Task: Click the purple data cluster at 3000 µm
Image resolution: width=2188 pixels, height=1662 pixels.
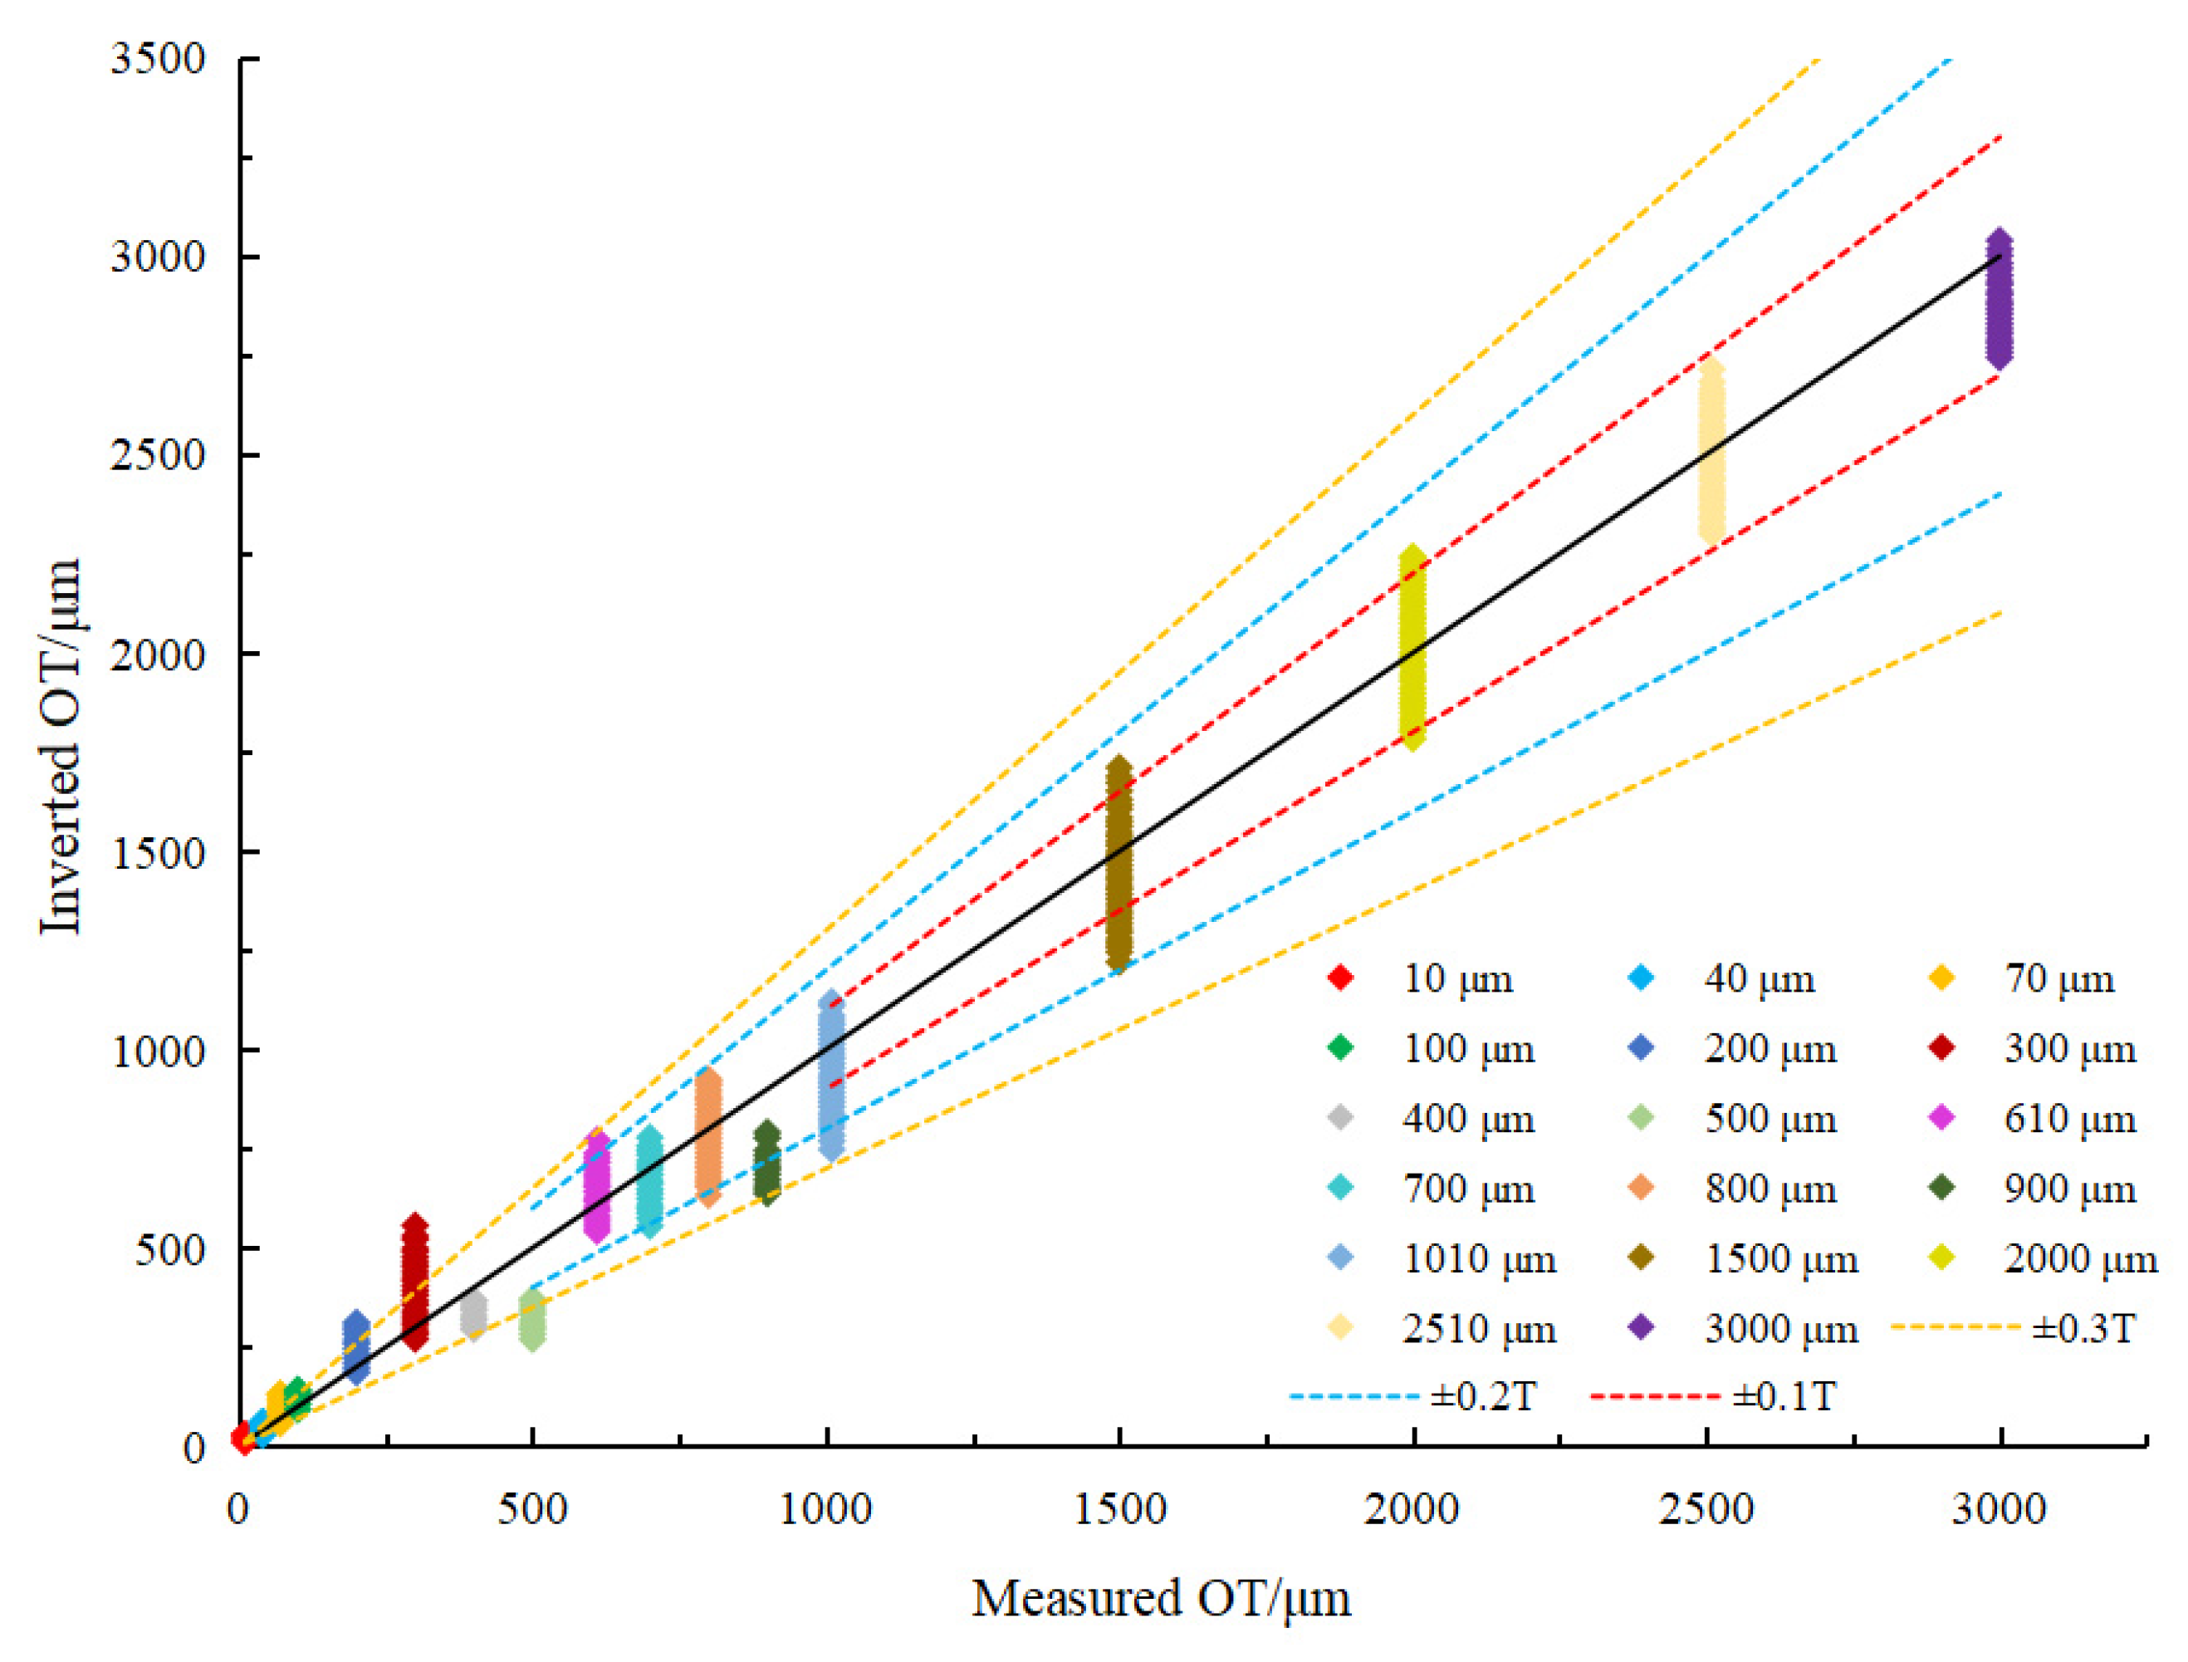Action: point(1999,300)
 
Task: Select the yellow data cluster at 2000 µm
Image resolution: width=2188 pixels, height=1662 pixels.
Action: point(1413,647)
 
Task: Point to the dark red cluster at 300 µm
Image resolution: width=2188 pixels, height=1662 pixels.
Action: point(415,1282)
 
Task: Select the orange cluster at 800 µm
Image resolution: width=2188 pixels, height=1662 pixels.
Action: point(708,1137)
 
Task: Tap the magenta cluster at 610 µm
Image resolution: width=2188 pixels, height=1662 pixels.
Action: point(596,1185)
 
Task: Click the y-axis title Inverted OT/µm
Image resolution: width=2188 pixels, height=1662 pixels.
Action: point(61,747)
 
